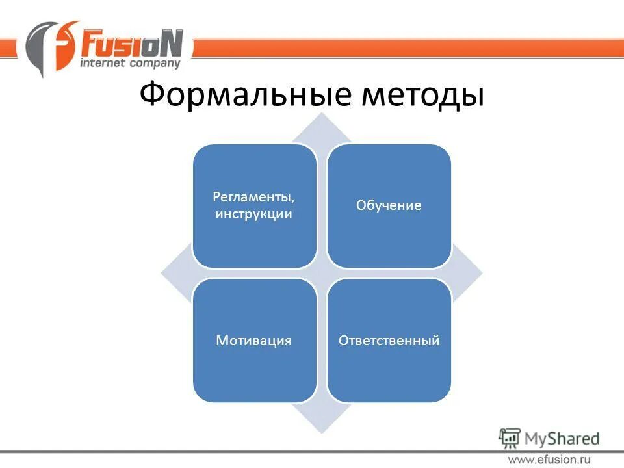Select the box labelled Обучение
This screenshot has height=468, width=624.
click(389, 206)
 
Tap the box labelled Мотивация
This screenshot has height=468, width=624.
click(255, 340)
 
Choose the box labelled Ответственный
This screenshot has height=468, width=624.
click(389, 340)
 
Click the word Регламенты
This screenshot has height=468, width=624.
click(253, 197)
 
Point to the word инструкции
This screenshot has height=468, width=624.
click(253, 214)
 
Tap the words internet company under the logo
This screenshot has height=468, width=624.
click(129, 63)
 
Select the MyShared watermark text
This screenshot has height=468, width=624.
click(562, 439)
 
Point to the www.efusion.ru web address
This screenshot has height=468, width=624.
click(549, 460)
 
